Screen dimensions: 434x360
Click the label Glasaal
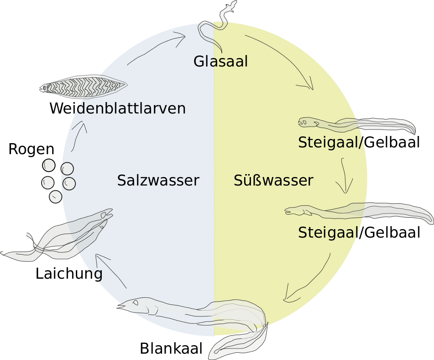[x=220, y=61]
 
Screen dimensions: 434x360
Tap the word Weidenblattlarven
[x=118, y=108]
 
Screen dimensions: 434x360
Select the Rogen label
[x=31, y=150]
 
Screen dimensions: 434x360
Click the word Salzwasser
[x=158, y=180]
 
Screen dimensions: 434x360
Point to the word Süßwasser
[x=273, y=180]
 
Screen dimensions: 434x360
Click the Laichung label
[x=69, y=274]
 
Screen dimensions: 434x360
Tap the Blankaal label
[x=171, y=348]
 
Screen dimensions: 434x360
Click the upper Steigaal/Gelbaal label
[x=359, y=142]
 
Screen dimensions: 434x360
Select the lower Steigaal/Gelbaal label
[x=359, y=233]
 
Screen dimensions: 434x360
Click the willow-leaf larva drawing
[x=83, y=86]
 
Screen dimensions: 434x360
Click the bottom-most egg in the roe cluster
[x=56, y=197]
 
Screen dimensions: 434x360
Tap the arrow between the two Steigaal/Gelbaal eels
[x=344, y=176]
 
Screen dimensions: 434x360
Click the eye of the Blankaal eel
[x=136, y=302]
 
